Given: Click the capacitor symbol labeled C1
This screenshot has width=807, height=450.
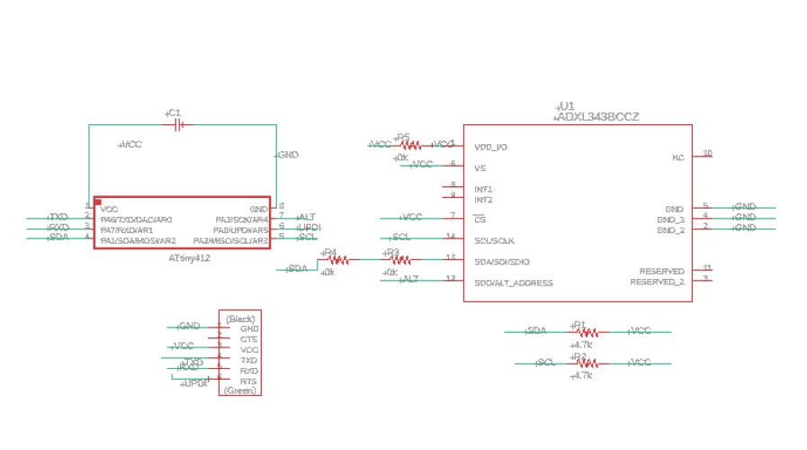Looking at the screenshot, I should pyautogui.click(x=178, y=125).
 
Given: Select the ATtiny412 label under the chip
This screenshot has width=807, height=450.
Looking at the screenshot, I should pyautogui.click(x=190, y=259).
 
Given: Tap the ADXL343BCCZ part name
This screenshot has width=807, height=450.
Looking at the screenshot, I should pyautogui.click(x=598, y=118).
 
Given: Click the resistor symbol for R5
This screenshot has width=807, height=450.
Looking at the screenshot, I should pyautogui.click(x=409, y=145).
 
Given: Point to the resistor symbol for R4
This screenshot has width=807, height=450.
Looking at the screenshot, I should pyautogui.click(x=338, y=259).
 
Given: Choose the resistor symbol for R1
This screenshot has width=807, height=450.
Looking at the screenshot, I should pyautogui.click(x=586, y=332).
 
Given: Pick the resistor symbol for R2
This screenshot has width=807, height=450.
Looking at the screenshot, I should pyautogui.click(x=586, y=363).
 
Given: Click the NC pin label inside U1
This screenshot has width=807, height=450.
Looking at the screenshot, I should pyautogui.click(x=678, y=157).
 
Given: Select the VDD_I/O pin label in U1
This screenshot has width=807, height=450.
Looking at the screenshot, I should pyautogui.click(x=490, y=146).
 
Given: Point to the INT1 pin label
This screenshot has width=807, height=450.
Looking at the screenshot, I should pyautogui.click(x=483, y=189).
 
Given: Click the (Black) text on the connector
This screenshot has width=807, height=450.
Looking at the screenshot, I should pyautogui.click(x=241, y=319).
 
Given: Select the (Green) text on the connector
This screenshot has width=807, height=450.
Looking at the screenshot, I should pyautogui.click(x=240, y=391).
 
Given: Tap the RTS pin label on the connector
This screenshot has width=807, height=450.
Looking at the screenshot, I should pyautogui.click(x=249, y=381).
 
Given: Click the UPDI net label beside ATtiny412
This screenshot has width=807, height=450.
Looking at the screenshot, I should pyautogui.click(x=309, y=227).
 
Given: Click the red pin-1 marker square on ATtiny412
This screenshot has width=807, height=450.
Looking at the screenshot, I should pyautogui.click(x=98, y=202).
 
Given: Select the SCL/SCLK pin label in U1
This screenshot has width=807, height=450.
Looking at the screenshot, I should pyautogui.click(x=494, y=240).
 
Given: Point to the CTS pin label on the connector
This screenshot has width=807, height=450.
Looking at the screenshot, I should pyautogui.click(x=249, y=339).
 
